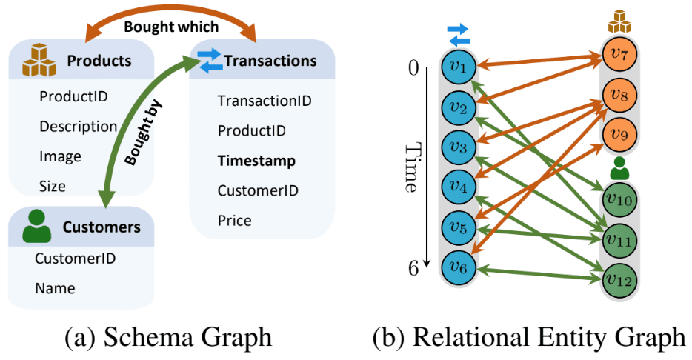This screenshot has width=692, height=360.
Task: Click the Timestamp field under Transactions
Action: point(256,161)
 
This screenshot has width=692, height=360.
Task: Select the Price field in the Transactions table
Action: point(234,220)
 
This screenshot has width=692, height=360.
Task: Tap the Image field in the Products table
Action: point(60,156)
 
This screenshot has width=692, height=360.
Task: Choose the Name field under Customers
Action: point(55,287)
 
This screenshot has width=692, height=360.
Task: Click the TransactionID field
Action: point(265,101)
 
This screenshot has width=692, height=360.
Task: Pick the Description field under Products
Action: point(78,127)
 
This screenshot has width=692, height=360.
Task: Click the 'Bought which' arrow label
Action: point(171,27)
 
